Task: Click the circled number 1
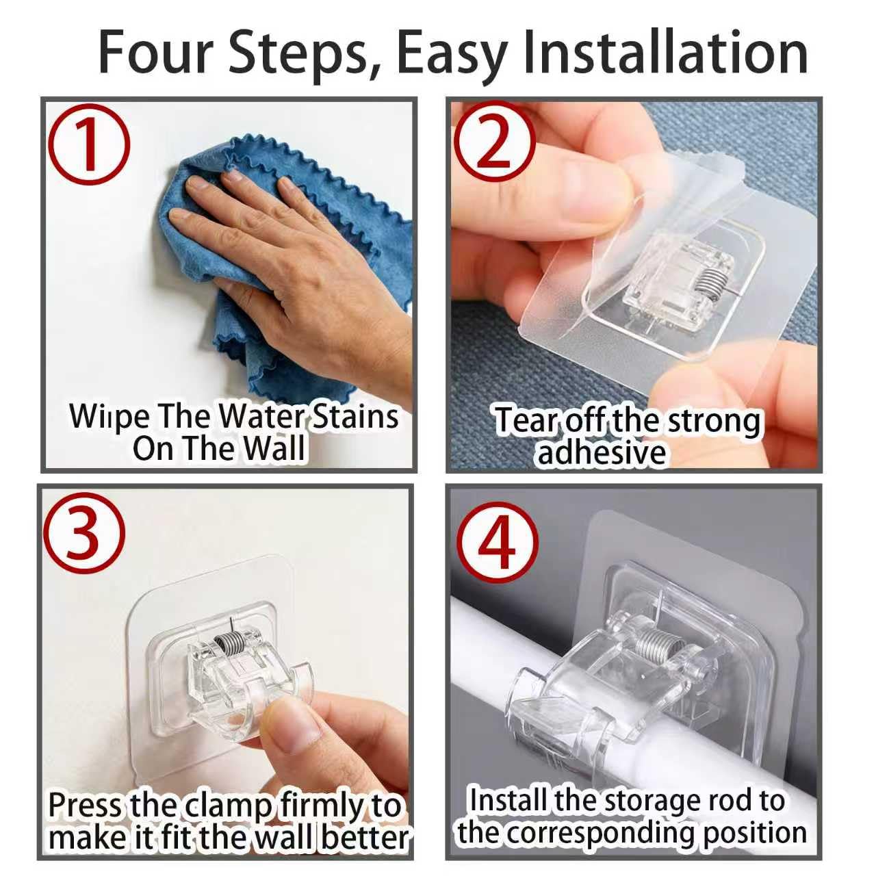89,145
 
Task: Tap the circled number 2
494,141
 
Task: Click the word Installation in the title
665,52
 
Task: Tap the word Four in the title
157,52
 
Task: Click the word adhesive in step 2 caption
602,452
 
